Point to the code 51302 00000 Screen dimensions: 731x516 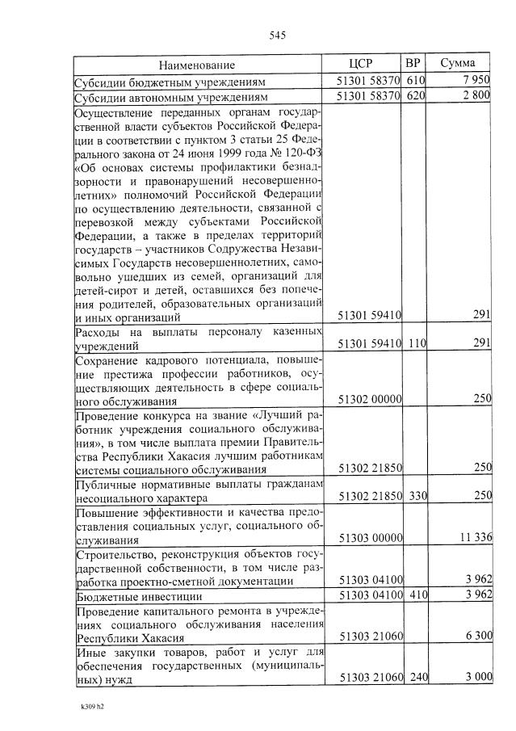point(369,400)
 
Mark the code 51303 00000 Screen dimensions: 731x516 point(369,539)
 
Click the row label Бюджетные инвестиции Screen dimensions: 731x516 point(128,597)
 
